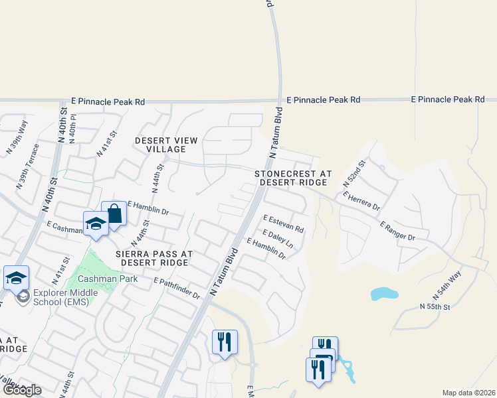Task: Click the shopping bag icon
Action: (x=114, y=214)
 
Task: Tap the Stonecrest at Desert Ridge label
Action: (x=293, y=177)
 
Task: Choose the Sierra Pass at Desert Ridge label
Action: (x=154, y=258)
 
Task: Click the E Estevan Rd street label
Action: (x=283, y=223)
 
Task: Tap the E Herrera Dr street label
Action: (x=361, y=201)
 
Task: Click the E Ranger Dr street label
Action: (x=397, y=232)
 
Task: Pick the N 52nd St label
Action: (x=355, y=172)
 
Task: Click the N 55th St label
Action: (x=435, y=306)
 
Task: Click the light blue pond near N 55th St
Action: (x=382, y=293)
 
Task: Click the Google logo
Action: (x=21, y=390)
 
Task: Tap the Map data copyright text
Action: (x=468, y=393)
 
